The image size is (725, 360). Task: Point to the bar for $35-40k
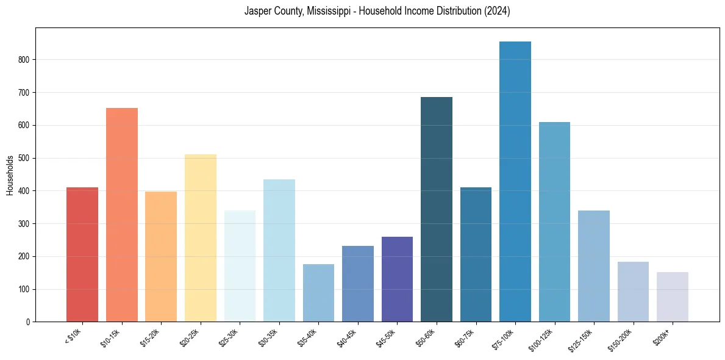tap(318, 293)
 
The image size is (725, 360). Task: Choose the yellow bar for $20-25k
tap(200, 238)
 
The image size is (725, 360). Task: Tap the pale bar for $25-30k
tap(240, 266)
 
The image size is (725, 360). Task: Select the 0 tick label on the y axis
tap(28, 322)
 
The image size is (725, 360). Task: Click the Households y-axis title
tap(10, 175)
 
